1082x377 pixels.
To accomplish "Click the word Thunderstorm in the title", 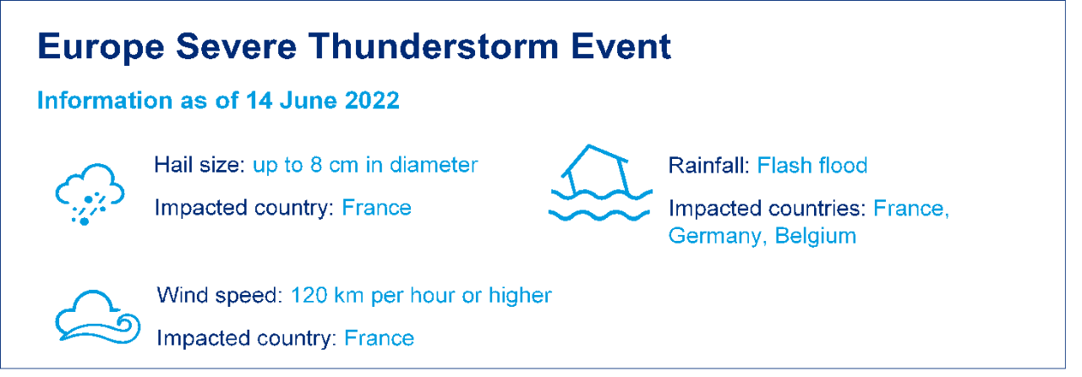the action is coord(434,46).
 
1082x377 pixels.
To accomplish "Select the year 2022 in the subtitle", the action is coord(372,101).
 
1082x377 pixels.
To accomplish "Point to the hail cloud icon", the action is coord(90,194).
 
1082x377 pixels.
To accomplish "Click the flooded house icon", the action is coord(600,183).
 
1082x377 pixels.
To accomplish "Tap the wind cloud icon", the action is coord(97,317).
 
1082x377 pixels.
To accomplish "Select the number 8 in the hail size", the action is coord(316,166).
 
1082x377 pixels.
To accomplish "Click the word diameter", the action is coord(434,165).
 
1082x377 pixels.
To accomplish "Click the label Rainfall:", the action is coord(708,166).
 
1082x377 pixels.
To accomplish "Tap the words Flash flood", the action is coord(812,166).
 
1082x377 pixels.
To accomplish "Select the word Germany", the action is coord(715,237).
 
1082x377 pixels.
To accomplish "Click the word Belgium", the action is coord(816,237).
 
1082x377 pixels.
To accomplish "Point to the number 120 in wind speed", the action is coord(309,295).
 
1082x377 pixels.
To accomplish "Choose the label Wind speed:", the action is coord(220,296).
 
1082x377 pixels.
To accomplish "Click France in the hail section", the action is coord(376,208).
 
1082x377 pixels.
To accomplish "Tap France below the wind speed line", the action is coord(379,338).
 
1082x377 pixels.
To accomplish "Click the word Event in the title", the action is coord(620,46).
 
